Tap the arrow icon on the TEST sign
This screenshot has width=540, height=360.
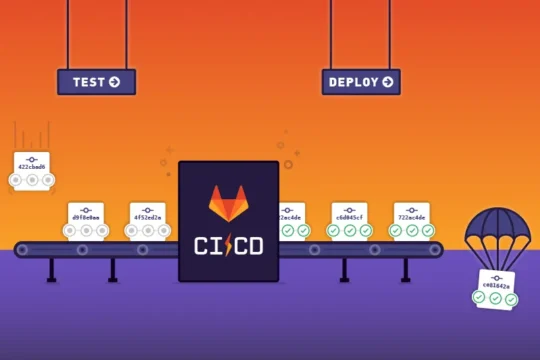coord(114,82)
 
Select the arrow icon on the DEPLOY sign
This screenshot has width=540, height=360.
coord(386,82)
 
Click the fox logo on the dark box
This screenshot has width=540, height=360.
coord(228,202)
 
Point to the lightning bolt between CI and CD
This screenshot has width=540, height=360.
coord(228,245)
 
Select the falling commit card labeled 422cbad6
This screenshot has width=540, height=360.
coord(32,168)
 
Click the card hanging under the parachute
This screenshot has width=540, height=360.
coord(497,288)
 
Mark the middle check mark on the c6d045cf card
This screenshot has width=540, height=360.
coord(350,230)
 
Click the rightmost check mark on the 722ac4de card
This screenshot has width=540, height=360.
coord(426,230)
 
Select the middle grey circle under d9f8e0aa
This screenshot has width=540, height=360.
coord(86,230)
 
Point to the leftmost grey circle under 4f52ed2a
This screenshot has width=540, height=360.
coord(132,230)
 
